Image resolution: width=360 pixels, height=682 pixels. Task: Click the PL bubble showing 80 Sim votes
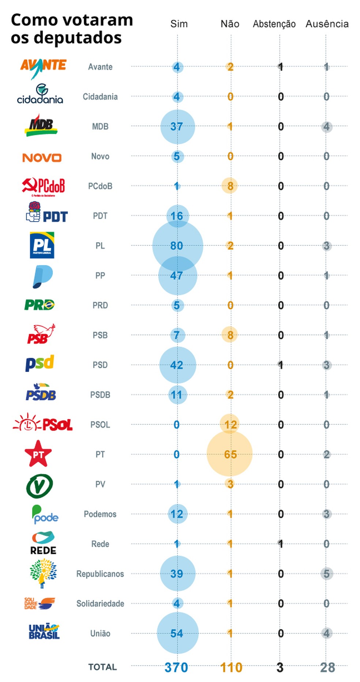coord(177,246)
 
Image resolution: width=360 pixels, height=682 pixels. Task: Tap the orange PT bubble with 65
coord(230,454)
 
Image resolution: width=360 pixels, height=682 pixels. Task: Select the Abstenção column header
coord(274,24)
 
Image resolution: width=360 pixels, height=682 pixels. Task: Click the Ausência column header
coord(327,24)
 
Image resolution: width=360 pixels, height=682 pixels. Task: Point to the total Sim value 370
coord(176,667)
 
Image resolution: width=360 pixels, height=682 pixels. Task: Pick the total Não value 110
coord(231,667)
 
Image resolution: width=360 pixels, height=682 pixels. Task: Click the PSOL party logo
coord(43,424)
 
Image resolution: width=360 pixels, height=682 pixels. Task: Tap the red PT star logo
coord(38,454)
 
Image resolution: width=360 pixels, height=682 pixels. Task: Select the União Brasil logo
coord(44,632)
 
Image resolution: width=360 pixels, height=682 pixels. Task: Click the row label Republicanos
coord(100,574)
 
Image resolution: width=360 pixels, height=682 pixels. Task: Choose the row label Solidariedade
coord(100,603)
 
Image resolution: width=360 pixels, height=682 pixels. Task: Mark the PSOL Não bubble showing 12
coord(230,424)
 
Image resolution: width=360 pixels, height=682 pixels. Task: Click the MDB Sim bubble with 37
coord(177,127)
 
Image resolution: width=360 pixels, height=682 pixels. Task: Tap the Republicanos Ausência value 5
coord(326,574)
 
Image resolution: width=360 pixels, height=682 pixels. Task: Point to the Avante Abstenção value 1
coord(280,67)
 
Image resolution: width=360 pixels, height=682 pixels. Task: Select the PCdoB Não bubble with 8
coord(230,186)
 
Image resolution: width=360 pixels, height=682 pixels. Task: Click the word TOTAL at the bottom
coord(102,667)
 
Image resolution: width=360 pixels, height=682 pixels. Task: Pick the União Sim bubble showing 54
coord(177,633)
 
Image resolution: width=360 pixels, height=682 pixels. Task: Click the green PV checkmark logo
coord(40,486)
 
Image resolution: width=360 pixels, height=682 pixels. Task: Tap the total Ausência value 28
coord(327,667)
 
